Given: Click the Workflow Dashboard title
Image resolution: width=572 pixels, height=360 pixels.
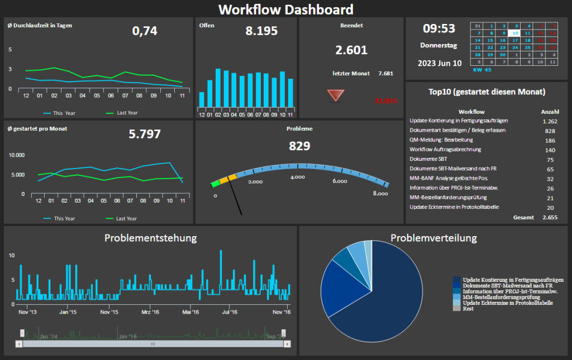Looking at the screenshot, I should click(x=285, y=9).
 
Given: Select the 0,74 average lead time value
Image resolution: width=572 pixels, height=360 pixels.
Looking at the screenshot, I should click(x=145, y=31).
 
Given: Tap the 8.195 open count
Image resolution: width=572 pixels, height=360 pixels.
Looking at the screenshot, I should click(x=261, y=31).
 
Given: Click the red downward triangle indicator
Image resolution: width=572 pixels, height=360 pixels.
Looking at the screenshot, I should click(x=336, y=95).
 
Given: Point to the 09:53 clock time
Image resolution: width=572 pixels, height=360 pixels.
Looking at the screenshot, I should click(x=438, y=28).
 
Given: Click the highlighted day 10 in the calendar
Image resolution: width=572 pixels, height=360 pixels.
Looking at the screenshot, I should click(x=514, y=33).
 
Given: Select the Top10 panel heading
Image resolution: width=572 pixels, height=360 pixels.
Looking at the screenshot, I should click(x=487, y=92).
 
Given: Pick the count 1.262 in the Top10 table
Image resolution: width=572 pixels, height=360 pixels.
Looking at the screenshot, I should click(x=550, y=121).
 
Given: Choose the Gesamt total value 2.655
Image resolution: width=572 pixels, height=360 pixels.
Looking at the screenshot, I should click(x=550, y=217).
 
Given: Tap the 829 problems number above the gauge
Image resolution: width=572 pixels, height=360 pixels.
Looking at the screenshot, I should click(x=299, y=146).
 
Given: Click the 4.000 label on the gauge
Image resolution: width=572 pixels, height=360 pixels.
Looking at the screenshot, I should click(x=297, y=177).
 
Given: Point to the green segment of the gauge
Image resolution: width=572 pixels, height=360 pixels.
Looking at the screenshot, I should click(x=215, y=183).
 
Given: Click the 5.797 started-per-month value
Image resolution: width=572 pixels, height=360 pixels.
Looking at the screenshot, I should click(x=145, y=134).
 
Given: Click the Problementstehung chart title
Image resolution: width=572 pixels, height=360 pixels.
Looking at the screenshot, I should click(x=150, y=238).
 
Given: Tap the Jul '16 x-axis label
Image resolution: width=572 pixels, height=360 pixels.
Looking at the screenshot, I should click(x=230, y=313).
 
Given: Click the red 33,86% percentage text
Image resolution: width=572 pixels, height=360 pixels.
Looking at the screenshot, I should click(x=386, y=101).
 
